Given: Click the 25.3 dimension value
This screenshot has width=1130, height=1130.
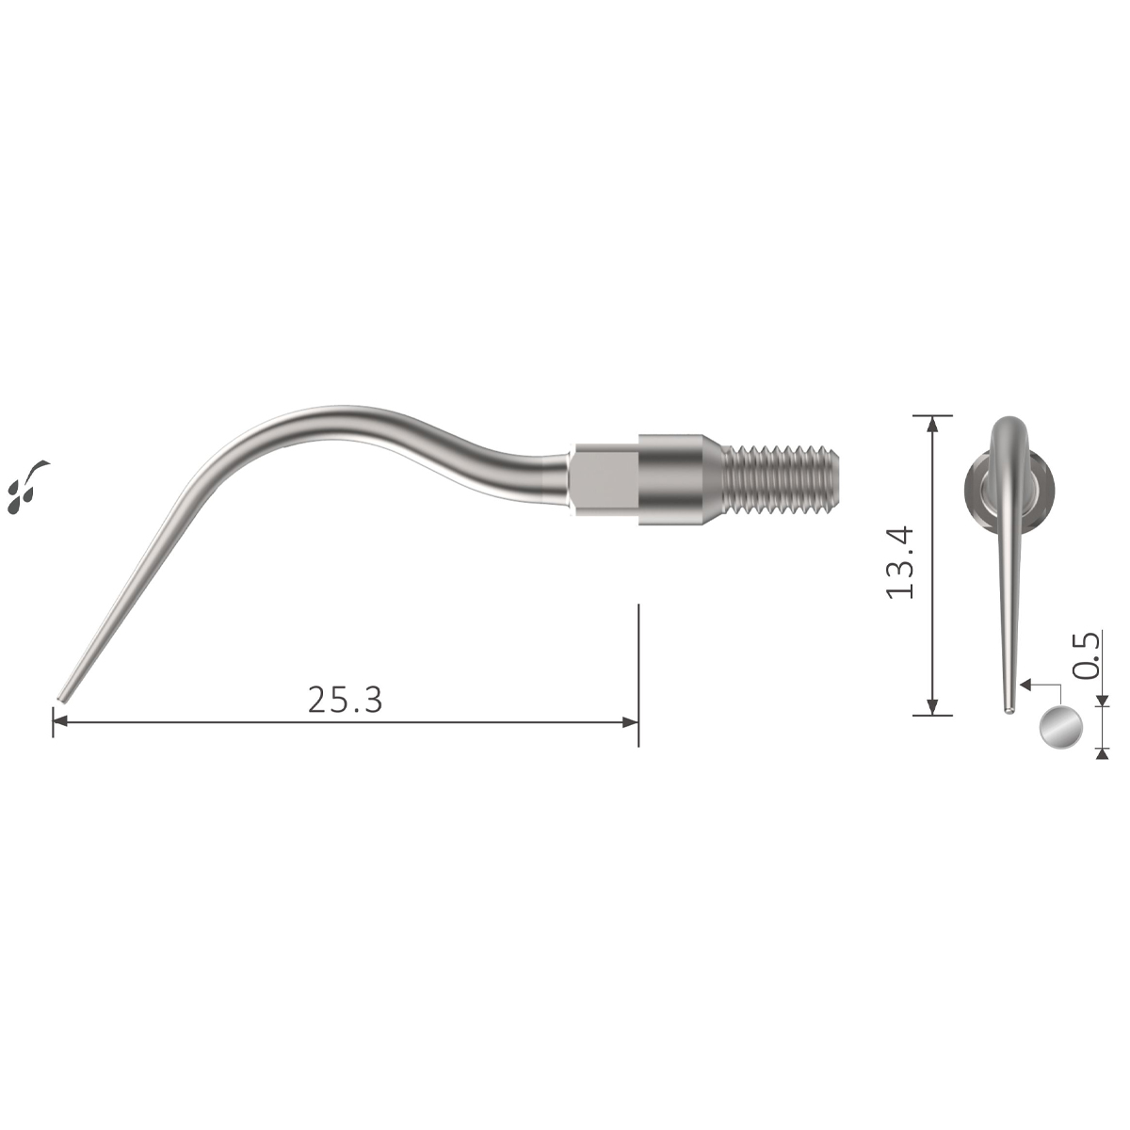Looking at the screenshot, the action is coord(345,700).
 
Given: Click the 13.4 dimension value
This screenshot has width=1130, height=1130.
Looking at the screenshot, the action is coord(899,562).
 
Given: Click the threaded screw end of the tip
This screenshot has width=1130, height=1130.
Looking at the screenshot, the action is coord(780,483).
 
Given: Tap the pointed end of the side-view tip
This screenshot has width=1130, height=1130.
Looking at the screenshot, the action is coord(60,699).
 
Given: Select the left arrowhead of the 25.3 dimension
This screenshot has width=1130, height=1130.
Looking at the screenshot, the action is coord(59,722).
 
